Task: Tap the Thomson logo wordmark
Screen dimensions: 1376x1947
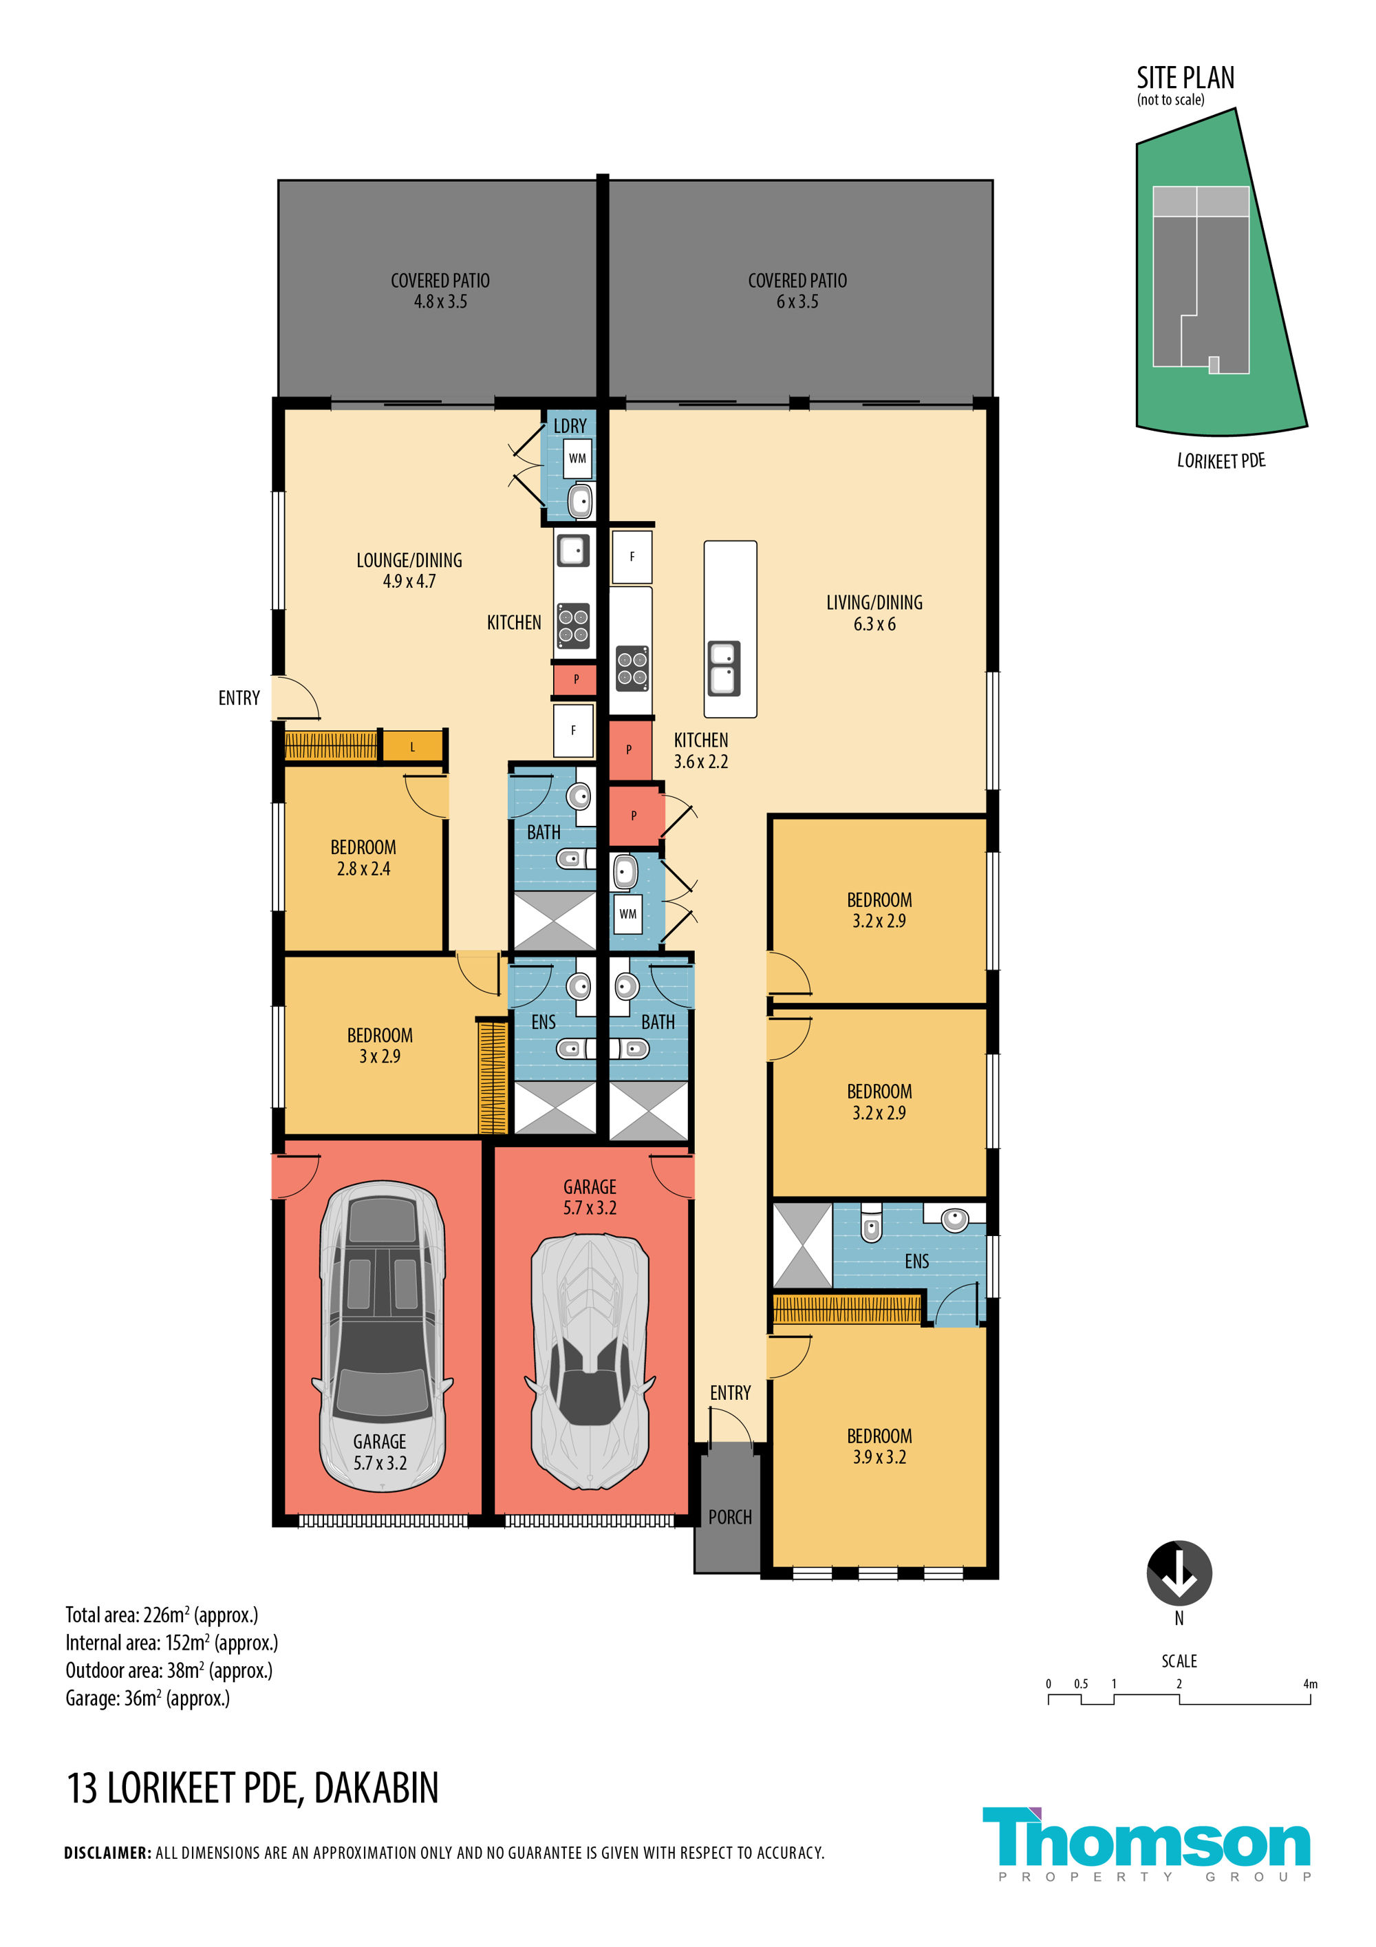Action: [1146, 1840]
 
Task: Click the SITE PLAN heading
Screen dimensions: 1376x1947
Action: [1185, 78]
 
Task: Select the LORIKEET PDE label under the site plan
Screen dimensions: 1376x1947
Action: [1221, 460]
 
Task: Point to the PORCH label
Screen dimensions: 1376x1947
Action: [730, 1517]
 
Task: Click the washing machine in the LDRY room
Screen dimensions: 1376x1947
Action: [577, 459]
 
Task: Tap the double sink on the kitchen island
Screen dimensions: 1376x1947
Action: [723, 668]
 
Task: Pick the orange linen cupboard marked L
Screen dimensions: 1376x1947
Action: [413, 746]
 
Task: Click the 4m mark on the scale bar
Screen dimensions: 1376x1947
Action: [1310, 1684]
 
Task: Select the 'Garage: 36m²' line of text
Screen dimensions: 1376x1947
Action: [147, 1698]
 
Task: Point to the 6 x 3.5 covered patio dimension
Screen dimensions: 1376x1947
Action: [797, 302]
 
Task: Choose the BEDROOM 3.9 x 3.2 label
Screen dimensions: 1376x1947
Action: [879, 1446]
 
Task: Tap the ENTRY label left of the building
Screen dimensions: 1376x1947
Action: [239, 698]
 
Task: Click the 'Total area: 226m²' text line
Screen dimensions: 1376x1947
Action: [162, 1615]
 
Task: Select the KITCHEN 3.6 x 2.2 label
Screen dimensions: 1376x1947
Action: [700, 750]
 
